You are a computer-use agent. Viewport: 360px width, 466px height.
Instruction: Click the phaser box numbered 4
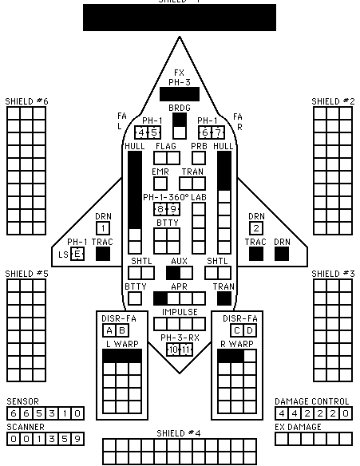(x=141, y=132)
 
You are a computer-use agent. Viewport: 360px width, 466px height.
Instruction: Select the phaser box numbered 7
(x=218, y=132)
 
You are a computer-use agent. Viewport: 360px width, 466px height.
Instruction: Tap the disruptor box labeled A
(x=109, y=330)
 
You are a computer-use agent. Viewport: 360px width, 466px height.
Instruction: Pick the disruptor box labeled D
(x=250, y=330)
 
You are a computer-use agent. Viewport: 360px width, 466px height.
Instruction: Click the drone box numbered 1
(x=103, y=228)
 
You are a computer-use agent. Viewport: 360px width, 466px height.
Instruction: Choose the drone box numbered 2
(x=256, y=228)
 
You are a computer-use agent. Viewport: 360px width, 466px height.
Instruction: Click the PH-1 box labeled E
(x=77, y=254)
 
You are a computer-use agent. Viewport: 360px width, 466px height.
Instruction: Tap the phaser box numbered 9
(x=173, y=209)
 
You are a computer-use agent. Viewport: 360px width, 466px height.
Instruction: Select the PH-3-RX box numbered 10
(x=173, y=349)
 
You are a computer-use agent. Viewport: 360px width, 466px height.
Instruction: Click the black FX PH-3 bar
(x=180, y=94)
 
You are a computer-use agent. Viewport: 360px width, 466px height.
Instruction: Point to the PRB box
(x=199, y=158)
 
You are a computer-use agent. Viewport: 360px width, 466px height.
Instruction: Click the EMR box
(x=160, y=184)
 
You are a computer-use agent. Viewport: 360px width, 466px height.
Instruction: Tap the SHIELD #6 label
(x=27, y=101)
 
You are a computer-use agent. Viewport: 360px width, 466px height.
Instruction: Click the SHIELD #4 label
(x=179, y=433)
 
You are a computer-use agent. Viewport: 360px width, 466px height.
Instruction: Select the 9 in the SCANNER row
(x=77, y=439)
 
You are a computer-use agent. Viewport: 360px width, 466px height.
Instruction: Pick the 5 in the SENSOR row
(x=39, y=413)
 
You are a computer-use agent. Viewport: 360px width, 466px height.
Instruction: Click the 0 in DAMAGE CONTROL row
(x=346, y=413)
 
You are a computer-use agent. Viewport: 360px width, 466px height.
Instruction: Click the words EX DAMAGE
(x=298, y=427)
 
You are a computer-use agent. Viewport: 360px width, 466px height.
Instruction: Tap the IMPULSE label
(x=180, y=312)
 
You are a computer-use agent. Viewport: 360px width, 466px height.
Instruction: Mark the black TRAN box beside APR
(x=224, y=298)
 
